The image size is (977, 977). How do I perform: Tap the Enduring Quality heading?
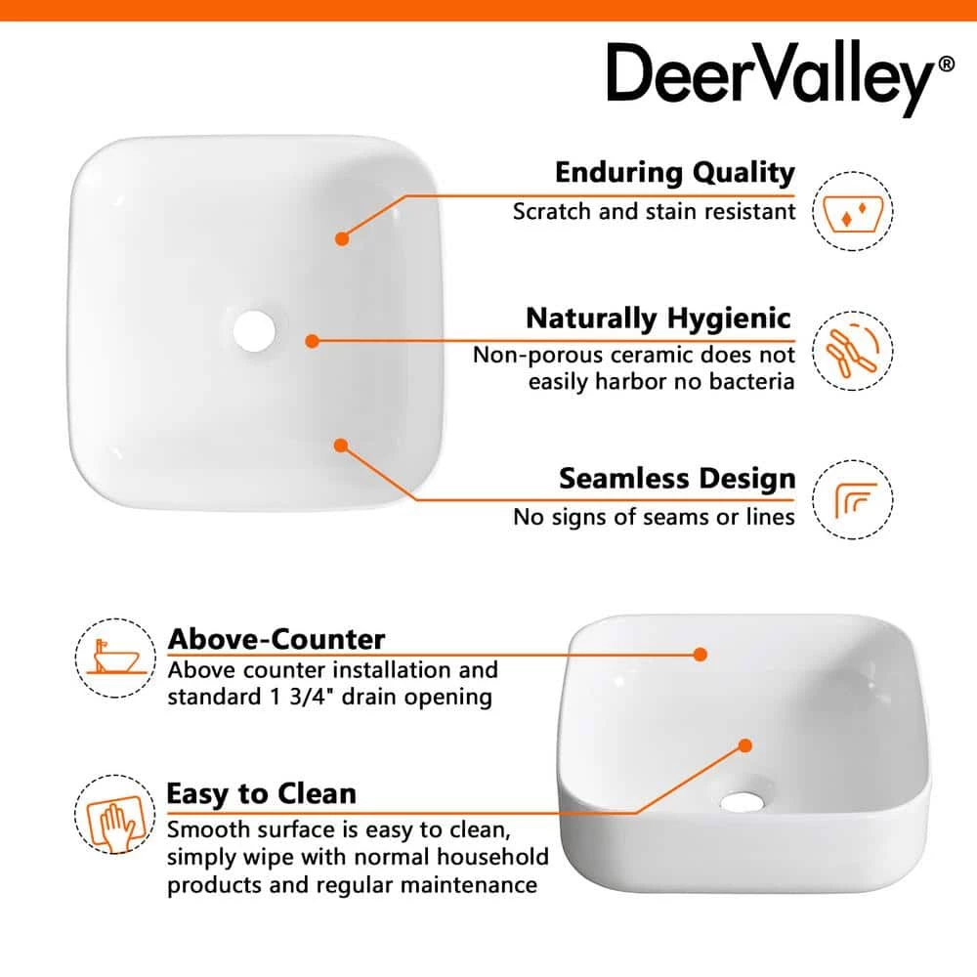(x=675, y=173)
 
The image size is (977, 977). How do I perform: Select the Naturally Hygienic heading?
(x=658, y=319)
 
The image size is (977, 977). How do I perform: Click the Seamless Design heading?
(x=677, y=479)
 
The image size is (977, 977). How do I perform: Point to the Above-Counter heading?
(x=276, y=639)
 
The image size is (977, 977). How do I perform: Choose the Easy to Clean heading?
(x=261, y=793)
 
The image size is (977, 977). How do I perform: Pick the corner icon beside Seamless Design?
(x=853, y=500)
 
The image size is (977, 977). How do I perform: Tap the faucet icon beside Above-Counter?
(x=114, y=657)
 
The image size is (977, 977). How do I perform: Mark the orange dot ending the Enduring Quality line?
(x=342, y=237)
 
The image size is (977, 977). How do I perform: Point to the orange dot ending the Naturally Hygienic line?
(x=312, y=341)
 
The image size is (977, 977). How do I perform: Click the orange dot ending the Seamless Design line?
(x=341, y=446)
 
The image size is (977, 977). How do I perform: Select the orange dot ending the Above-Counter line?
(x=701, y=654)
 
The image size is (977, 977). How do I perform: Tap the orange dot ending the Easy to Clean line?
(x=744, y=745)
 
